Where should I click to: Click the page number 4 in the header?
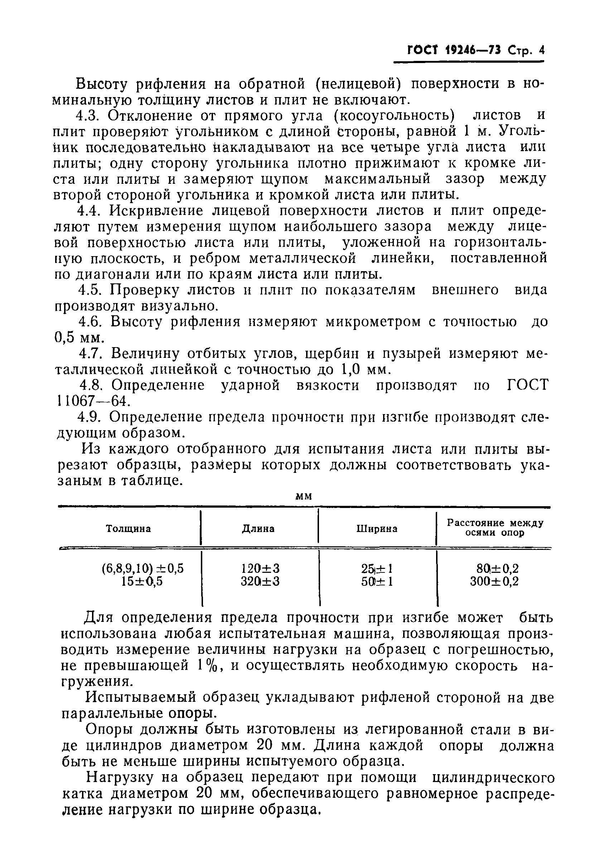[x=541, y=51]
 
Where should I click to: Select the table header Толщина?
[x=128, y=528]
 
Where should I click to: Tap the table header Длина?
[x=258, y=528]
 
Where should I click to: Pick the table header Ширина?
[x=377, y=528]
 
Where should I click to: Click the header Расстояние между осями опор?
[x=495, y=528]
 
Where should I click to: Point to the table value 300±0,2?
[x=494, y=581]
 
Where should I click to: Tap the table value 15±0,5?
[x=142, y=581]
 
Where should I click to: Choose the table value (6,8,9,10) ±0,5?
[x=143, y=568]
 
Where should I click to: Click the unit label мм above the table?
[x=304, y=497]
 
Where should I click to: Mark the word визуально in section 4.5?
[x=179, y=306]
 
